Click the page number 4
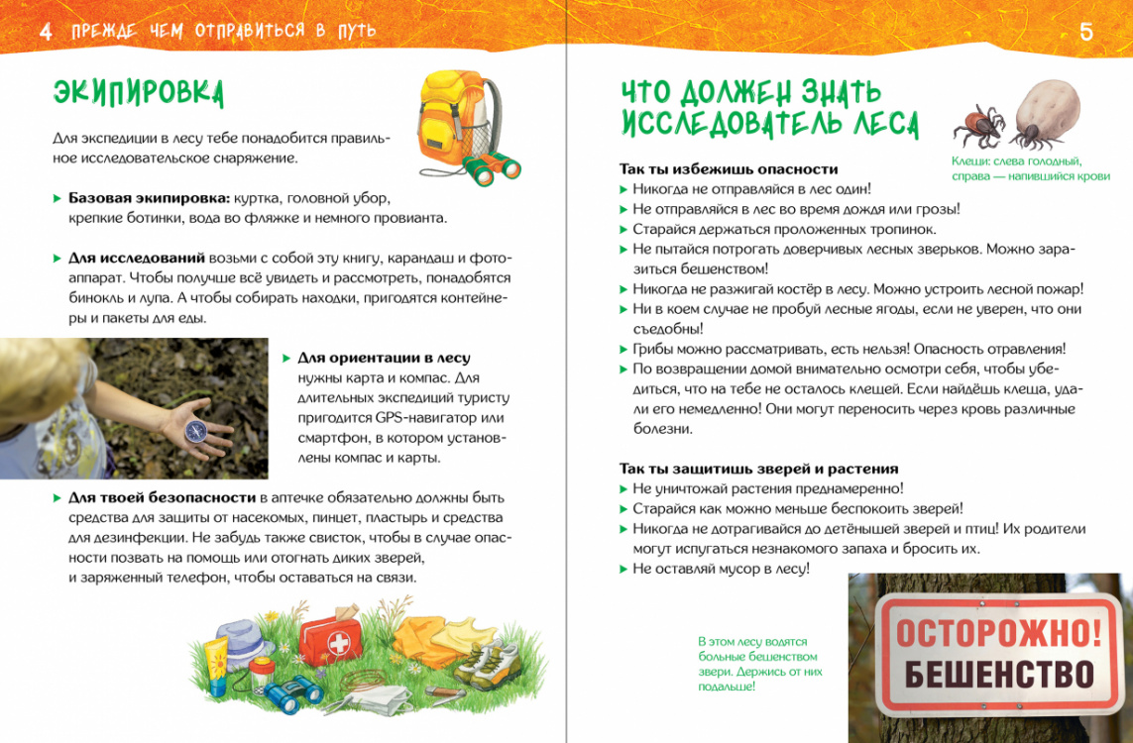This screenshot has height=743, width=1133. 45,32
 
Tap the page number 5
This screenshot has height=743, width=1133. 1086,32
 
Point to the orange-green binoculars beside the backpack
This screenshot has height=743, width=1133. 493,168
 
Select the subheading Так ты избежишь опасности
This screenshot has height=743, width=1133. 729,169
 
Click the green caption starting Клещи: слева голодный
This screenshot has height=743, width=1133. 1016,167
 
